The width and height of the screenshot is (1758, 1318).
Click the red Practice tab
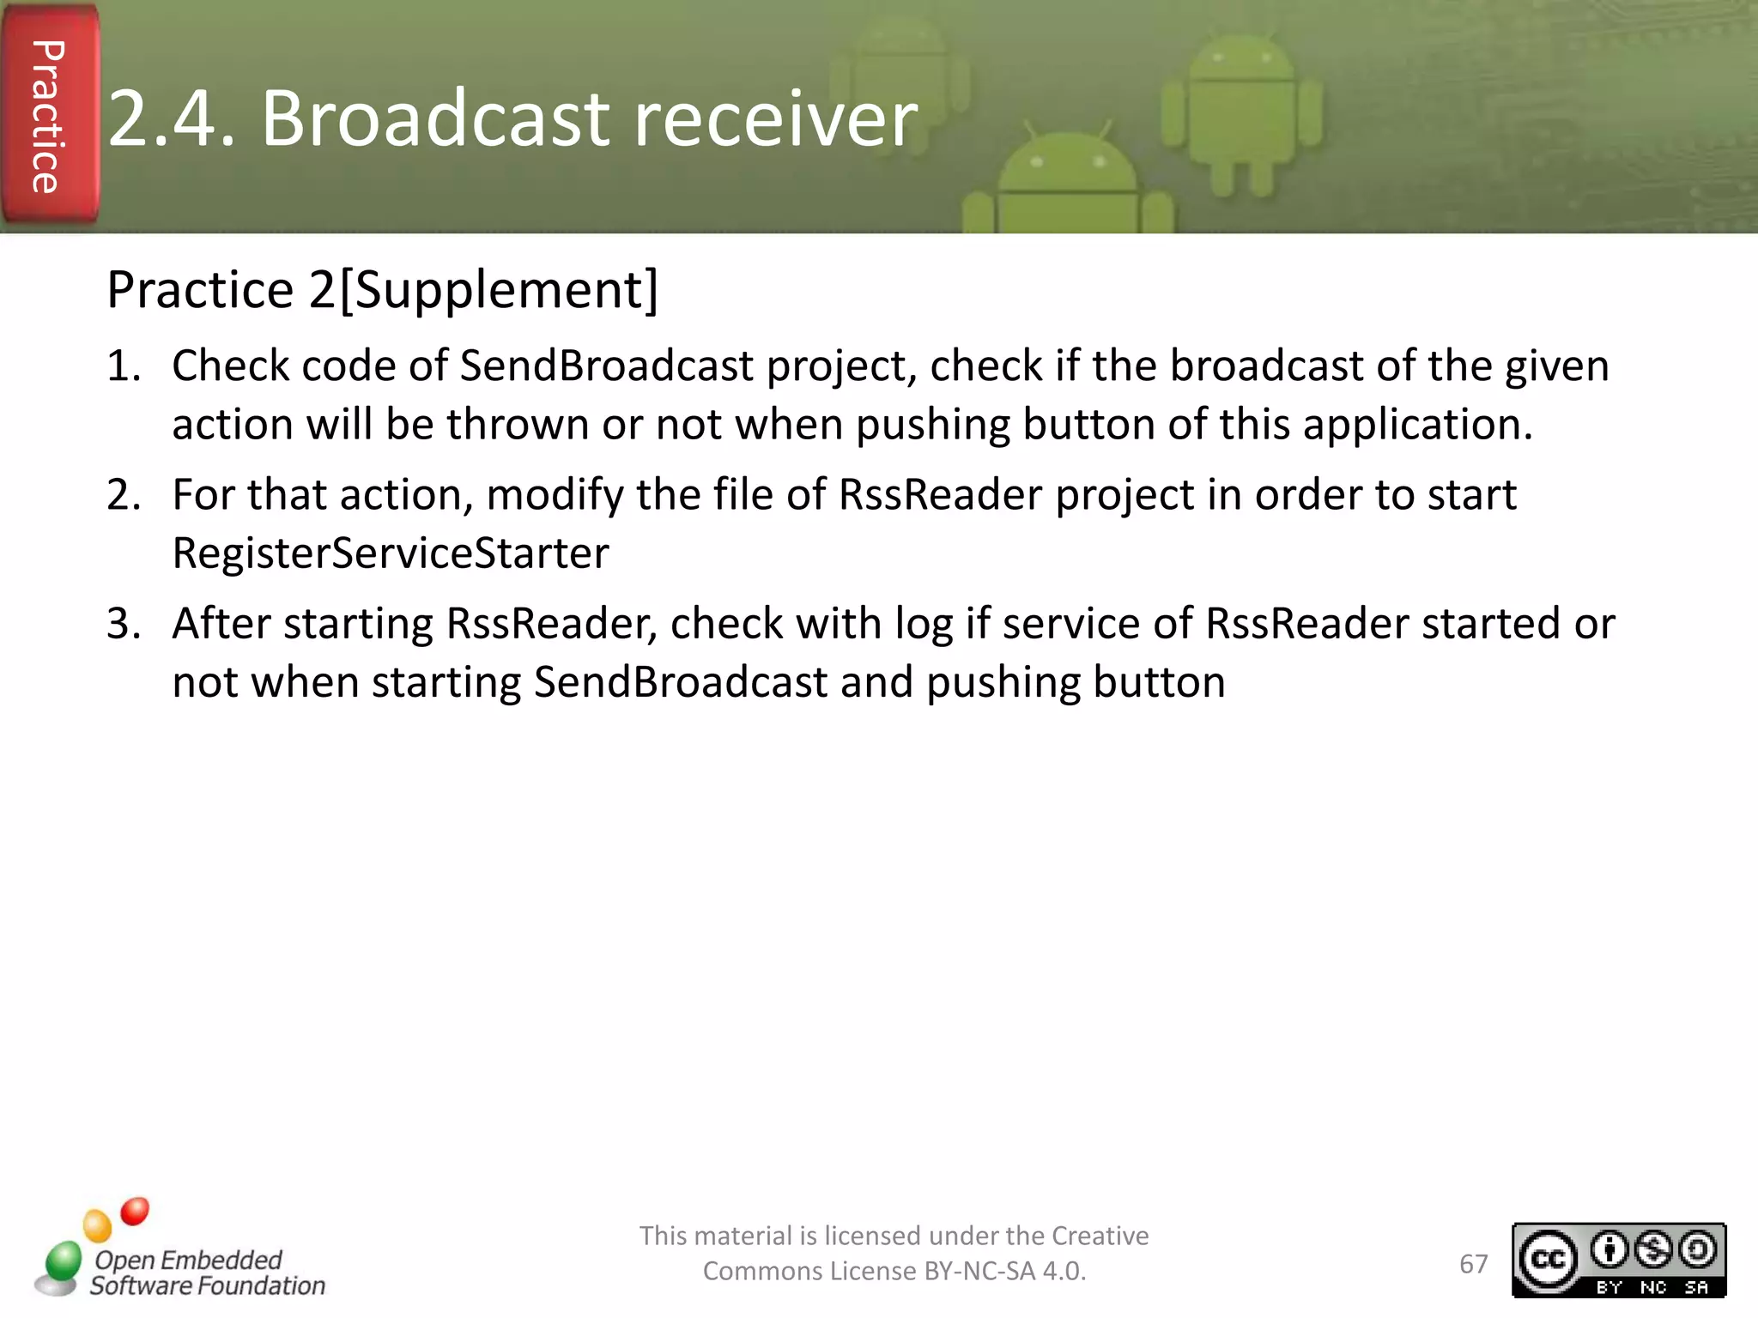(48, 116)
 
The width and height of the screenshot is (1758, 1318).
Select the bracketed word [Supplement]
(499, 290)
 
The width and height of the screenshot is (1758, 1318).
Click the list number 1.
(123, 366)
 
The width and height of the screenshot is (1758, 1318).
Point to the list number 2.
(123, 495)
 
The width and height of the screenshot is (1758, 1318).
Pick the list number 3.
(123, 624)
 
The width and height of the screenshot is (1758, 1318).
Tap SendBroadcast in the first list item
(606, 366)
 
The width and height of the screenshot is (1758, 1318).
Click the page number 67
(1473, 1264)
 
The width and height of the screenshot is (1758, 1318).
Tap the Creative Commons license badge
(1618, 1260)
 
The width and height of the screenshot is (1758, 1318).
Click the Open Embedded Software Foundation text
(206, 1273)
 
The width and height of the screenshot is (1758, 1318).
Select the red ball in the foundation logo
(135, 1212)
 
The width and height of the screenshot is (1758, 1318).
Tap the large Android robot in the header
(1240, 112)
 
